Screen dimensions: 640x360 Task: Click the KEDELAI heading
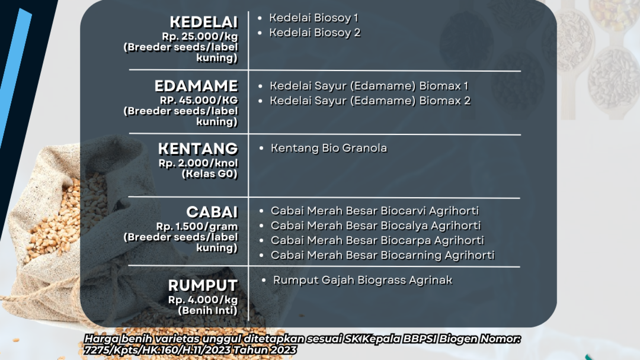coord(204,22)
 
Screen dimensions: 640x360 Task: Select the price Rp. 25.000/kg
coord(200,37)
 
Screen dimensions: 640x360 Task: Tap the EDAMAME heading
coord(196,86)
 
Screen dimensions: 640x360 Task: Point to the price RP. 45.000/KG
coord(199,100)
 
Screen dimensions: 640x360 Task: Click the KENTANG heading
coord(198,149)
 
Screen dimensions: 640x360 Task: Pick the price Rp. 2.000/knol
coord(198,163)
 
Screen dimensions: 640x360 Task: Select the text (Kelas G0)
coord(210,174)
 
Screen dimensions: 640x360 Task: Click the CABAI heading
coord(212,212)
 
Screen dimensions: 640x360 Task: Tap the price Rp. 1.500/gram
coord(197,227)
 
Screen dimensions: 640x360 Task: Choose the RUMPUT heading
coord(203,286)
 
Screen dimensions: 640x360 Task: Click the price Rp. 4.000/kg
coord(203,300)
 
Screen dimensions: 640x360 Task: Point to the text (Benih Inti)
coord(208,311)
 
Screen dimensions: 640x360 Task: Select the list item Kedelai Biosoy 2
coord(315,33)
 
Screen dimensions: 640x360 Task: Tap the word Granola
coord(365,148)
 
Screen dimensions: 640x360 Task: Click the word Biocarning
coord(411,256)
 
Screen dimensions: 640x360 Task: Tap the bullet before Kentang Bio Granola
coord(261,148)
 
